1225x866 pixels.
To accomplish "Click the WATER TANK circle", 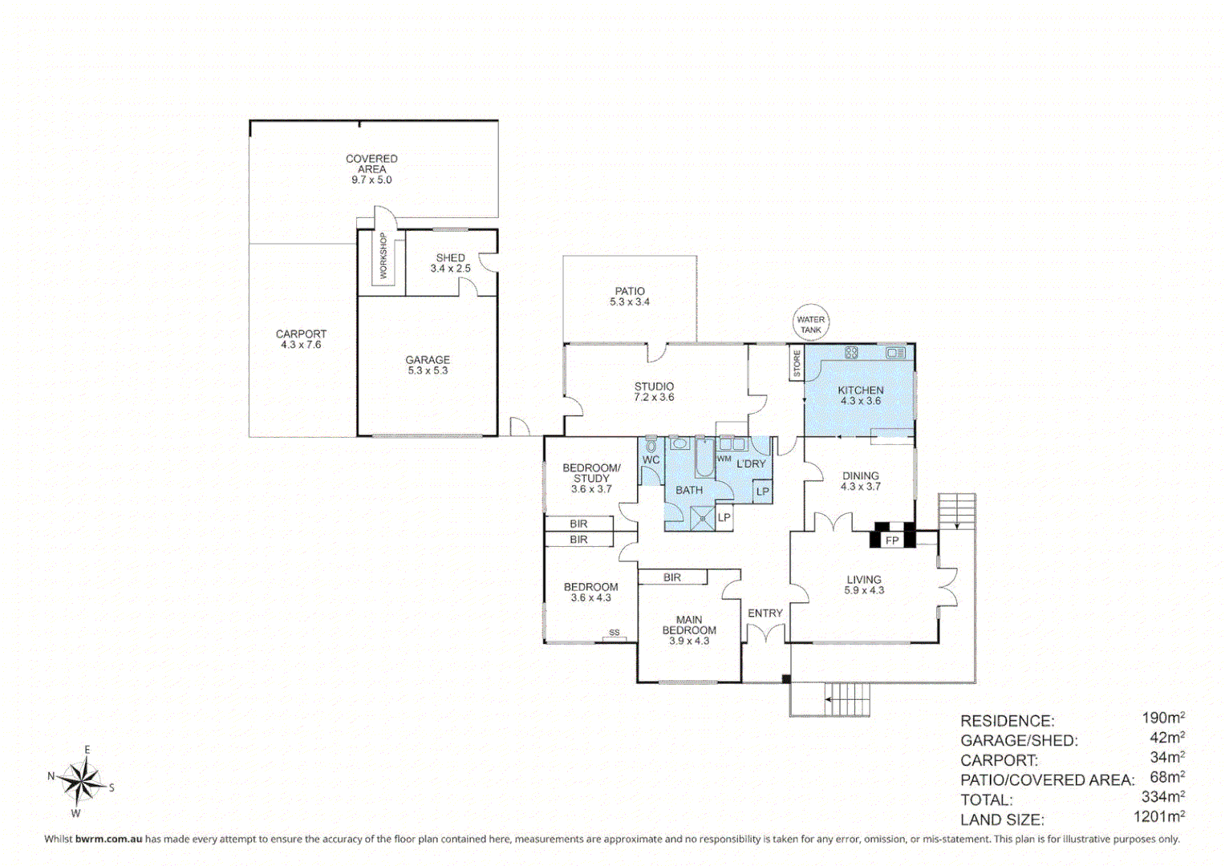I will (x=810, y=324).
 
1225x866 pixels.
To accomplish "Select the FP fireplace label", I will (x=892, y=540).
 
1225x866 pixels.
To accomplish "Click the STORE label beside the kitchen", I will (x=797, y=363).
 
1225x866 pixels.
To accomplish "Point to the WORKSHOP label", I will (x=383, y=256).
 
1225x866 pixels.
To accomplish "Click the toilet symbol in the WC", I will (x=651, y=445).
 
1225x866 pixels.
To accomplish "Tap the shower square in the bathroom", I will (x=702, y=518).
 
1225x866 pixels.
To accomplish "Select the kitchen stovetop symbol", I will (x=851, y=352).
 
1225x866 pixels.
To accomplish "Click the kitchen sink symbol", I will (x=895, y=352).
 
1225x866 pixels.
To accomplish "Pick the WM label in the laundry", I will (x=724, y=459).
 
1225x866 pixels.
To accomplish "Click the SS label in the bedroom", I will (x=614, y=633).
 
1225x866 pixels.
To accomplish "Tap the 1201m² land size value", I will (x=1158, y=817).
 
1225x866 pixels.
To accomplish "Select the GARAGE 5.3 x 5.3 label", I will (x=428, y=365).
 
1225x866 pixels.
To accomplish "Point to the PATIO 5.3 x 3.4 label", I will (x=630, y=296).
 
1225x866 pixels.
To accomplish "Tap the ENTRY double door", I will (x=765, y=634).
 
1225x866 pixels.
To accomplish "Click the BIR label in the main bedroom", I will (x=672, y=577).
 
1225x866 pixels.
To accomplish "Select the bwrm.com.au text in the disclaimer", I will (x=108, y=839).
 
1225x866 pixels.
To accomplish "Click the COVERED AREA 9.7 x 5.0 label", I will (x=371, y=168).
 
